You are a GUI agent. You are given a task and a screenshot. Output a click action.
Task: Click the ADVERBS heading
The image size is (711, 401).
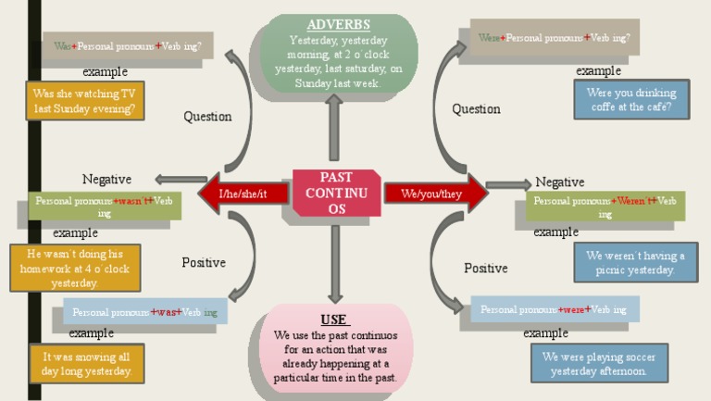pos(338,25)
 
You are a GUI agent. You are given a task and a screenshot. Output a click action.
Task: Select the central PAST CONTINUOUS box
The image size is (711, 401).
pos(336,194)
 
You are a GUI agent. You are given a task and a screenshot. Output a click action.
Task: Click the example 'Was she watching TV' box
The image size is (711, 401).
pos(85,101)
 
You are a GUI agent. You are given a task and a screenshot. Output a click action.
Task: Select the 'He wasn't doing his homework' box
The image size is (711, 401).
pos(76,268)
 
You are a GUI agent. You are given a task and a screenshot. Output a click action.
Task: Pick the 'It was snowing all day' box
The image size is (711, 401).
pos(87,364)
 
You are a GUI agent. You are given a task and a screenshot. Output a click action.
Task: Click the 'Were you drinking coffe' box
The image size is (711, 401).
pos(631,100)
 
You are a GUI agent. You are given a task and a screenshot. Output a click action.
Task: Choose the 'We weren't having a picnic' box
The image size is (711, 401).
pos(635,263)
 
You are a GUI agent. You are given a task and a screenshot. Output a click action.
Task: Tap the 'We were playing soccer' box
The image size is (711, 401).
pos(599,364)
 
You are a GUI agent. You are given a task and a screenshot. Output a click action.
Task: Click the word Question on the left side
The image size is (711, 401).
pos(207,117)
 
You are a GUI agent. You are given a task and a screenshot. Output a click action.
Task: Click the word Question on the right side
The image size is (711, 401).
pos(476,109)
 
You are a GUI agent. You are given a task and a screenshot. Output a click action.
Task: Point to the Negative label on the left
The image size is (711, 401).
pos(106,180)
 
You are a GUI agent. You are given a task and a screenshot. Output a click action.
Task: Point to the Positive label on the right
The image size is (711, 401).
pos(486,268)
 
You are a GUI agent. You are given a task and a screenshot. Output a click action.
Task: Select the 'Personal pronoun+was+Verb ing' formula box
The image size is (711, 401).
pos(145,312)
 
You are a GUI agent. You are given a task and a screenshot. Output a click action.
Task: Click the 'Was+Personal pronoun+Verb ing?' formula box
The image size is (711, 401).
pos(128,45)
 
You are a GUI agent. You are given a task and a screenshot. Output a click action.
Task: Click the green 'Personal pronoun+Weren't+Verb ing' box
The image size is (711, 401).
pos(605,207)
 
